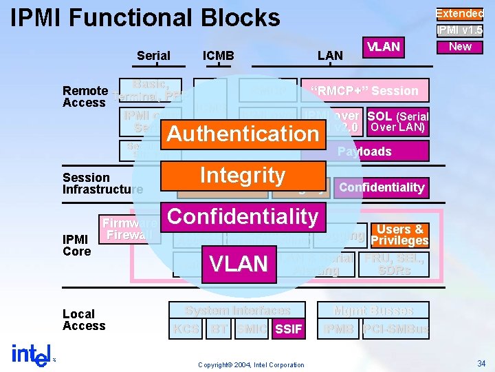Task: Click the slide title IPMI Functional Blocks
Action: pyautogui.click(x=146, y=17)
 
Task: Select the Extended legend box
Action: pyautogui.click(x=459, y=13)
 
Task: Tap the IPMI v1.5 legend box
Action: pyautogui.click(x=459, y=30)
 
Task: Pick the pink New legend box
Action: pyautogui.click(x=459, y=46)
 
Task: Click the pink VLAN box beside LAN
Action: pyautogui.click(x=384, y=47)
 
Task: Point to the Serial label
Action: pyautogui.click(x=154, y=56)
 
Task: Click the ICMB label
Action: pyautogui.click(x=219, y=56)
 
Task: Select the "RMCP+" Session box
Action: pyautogui.click(x=364, y=91)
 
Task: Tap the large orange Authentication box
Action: pyautogui.click(x=243, y=134)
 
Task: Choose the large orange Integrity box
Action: pyautogui.click(x=243, y=175)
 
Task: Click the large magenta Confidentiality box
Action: pyautogui.click(x=243, y=216)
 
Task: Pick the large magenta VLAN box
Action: pyautogui.click(x=238, y=263)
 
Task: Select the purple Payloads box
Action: pyautogui.click(x=364, y=152)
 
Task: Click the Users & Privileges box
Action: pyautogui.click(x=399, y=235)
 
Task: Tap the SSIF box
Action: pyautogui.click(x=288, y=329)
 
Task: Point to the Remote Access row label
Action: pyautogui.click(x=85, y=96)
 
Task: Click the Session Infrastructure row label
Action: pyautogui.click(x=102, y=183)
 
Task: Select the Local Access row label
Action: pyautogui.click(x=84, y=320)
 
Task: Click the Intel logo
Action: pyautogui.click(x=32, y=354)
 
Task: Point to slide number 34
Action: pyautogui.click(x=480, y=363)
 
